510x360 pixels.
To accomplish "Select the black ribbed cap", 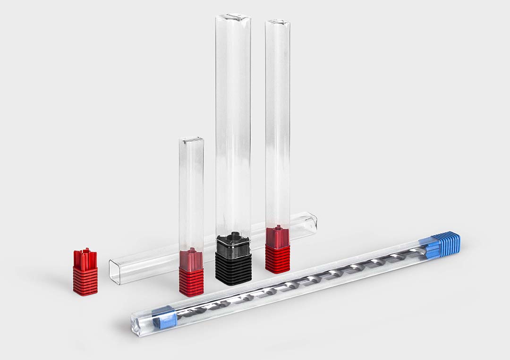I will (x=233, y=267).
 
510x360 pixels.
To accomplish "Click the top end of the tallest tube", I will (x=233, y=19).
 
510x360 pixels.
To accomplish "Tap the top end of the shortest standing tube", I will (x=191, y=140).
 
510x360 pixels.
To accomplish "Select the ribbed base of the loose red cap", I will (x=85, y=281).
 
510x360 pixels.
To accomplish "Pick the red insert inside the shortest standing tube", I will (x=191, y=257).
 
